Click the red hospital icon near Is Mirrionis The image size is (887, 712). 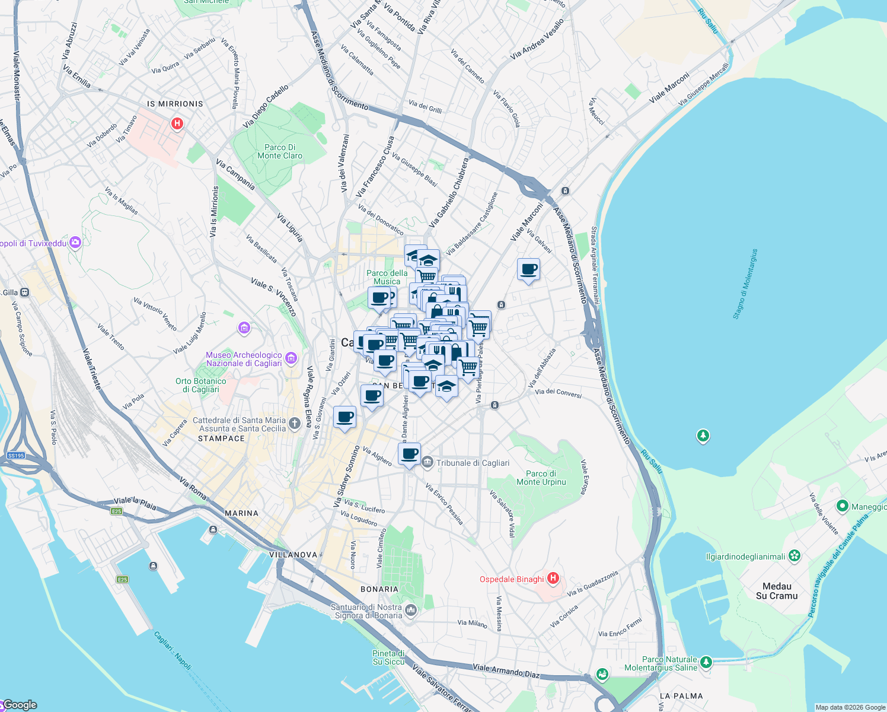click(177, 124)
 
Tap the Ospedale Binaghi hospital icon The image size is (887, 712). click(553, 578)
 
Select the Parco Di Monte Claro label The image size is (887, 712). click(280, 152)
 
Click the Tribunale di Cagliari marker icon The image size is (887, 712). click(427, 462)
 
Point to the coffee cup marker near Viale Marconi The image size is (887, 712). click(528, 270)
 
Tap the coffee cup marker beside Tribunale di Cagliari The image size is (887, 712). click(409, 454)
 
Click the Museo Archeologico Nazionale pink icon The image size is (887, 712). click(291, 358)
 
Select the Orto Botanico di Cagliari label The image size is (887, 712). click(200, 386)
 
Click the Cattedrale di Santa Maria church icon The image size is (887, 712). click(295, 423)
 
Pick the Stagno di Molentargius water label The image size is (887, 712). click(745, 284)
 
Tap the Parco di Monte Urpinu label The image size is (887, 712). click(541, 478)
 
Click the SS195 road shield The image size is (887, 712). click(16, 456)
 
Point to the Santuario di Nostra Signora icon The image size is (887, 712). click(411, 609)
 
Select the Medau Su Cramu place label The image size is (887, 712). click(777, 591)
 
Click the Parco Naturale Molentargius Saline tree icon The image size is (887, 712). click(706, 661)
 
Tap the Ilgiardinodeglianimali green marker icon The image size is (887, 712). click(795, 556)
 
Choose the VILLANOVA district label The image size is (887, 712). click(293, 555)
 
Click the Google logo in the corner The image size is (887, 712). click(20, 705)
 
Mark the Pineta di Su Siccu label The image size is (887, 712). click(388, 657)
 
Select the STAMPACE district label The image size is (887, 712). click(221, 438)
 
